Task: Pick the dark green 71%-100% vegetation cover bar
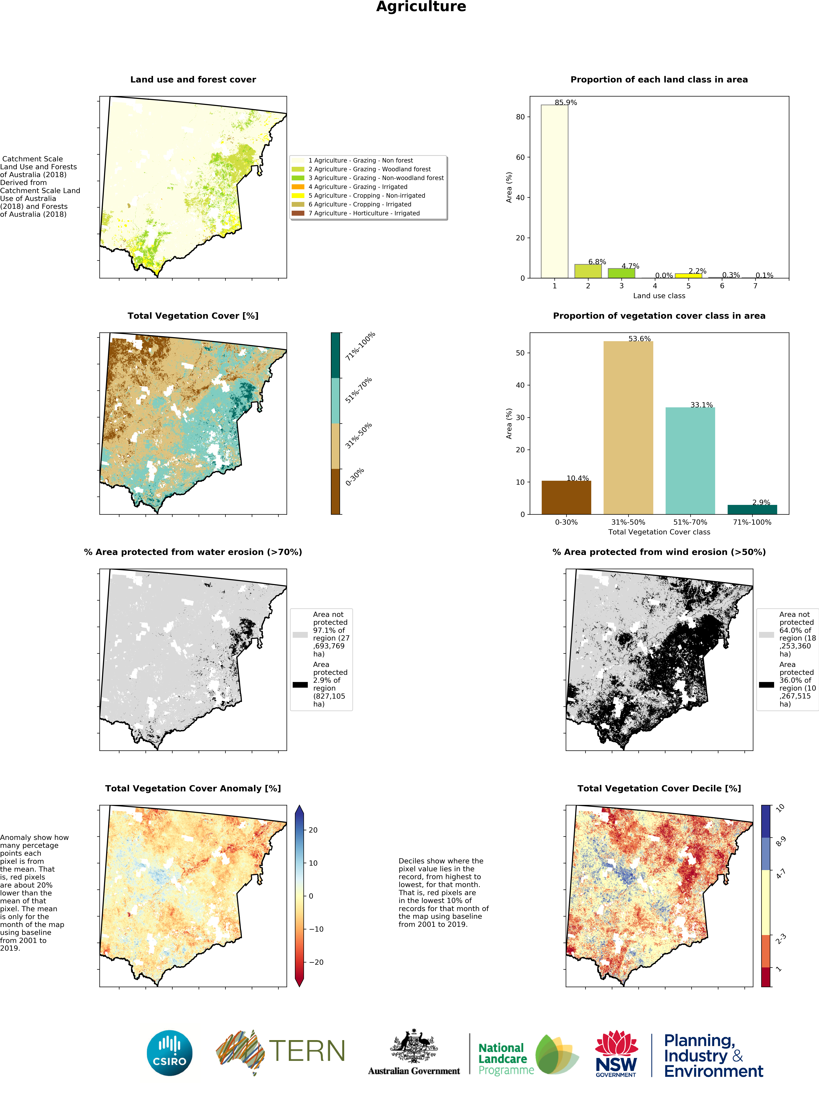[752, 509]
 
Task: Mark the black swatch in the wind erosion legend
[766, 685]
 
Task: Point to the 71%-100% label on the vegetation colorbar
[360, 346]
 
